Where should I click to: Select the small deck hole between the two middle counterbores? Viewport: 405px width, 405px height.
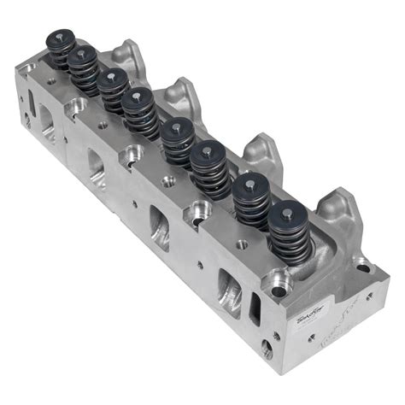click(167, 180)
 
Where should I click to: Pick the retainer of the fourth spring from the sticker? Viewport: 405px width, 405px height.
click(176, 128)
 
